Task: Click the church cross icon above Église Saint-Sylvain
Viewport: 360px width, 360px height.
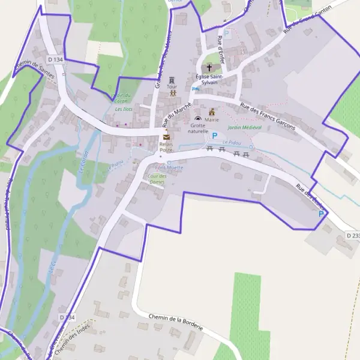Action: click(209, 67)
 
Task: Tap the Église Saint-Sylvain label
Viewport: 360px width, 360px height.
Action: click(209, 79)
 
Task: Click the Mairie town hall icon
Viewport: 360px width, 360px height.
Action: click(212, 112)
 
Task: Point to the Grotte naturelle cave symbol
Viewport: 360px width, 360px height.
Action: click(197, 119)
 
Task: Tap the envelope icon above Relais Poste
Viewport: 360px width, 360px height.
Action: click(166, 137)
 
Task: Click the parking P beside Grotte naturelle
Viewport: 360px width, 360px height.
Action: click(214, 136)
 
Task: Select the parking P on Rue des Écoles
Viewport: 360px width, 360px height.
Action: click(321, 214)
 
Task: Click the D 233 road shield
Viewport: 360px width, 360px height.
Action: click(353, 236)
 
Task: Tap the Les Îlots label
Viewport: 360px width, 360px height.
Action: click(124, 109)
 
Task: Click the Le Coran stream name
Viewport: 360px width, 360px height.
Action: click(83, 163)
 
